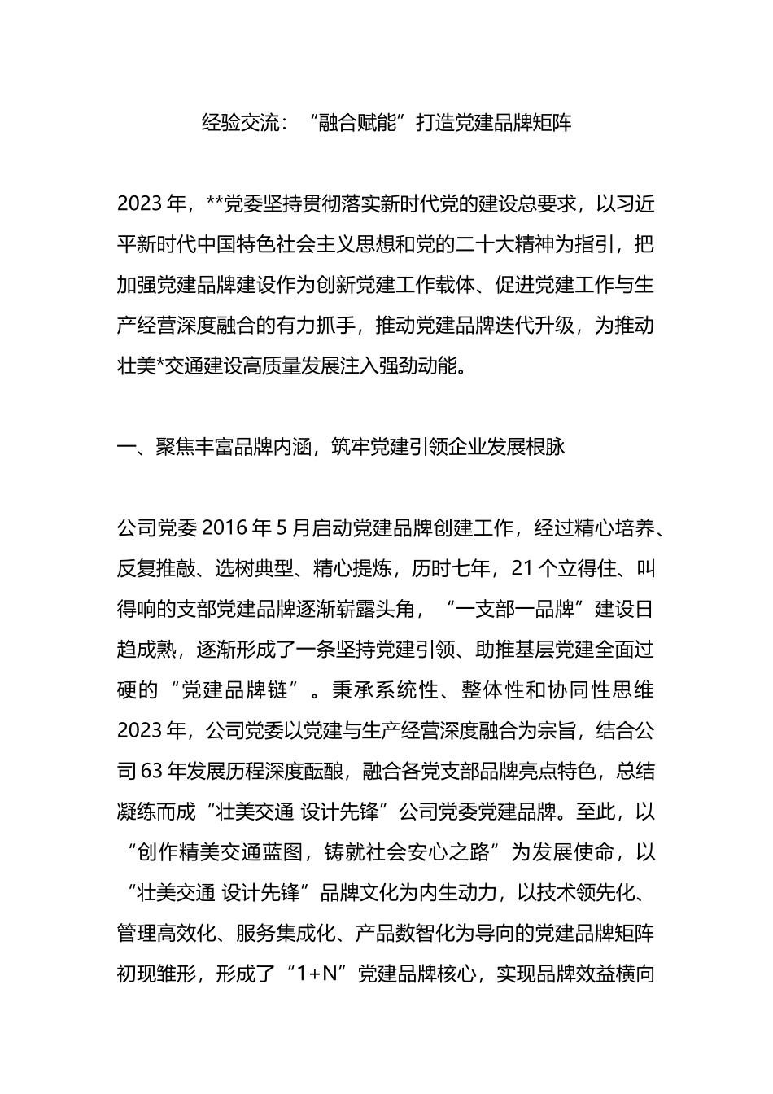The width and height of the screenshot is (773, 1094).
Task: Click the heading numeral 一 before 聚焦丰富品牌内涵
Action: pos(126,448)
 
